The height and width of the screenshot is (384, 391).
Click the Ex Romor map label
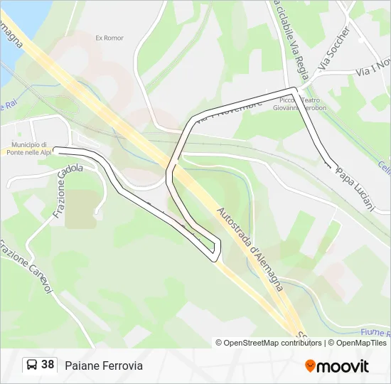tap(109, 38)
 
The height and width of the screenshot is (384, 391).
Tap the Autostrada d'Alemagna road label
tap(250, 248)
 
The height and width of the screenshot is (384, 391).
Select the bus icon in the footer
tap(32, 366)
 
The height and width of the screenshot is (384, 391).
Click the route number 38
tap(48, 365)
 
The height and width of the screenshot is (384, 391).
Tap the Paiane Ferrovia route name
tap(104, 366)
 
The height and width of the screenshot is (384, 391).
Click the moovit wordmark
tap(343, 366)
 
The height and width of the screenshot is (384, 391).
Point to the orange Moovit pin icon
tap(311, 366)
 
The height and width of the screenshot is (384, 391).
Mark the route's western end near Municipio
tap(55, 150)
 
